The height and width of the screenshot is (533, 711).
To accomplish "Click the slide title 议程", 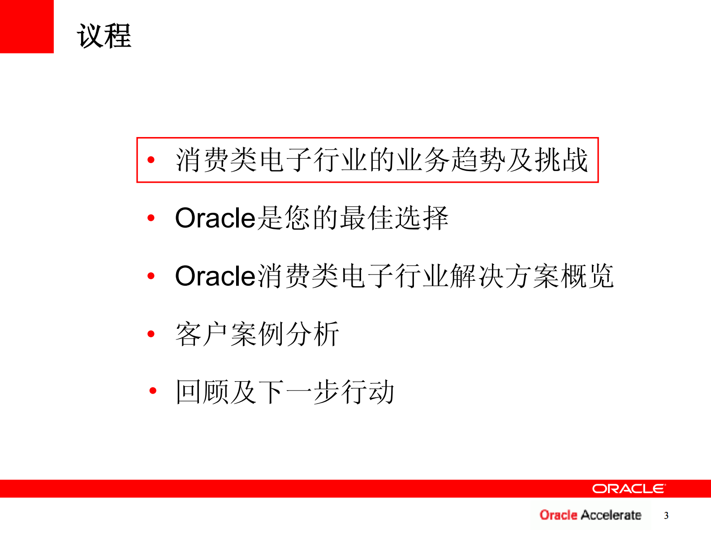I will click(104, 36).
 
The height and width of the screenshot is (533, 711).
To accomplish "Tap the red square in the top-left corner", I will click(26, 26).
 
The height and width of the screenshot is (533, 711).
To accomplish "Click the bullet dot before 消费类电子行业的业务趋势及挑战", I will click(151, 159).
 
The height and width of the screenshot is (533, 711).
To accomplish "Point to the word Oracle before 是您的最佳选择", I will click(215, 218).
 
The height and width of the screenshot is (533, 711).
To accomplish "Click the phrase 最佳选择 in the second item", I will click(394, 218).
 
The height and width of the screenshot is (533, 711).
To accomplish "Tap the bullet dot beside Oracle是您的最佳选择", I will click(151, 218).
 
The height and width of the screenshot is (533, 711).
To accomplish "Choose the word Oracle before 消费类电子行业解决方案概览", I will click(215, 276).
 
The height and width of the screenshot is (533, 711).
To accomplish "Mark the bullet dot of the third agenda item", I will click(151, 276).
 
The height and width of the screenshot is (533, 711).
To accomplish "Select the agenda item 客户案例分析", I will click(257, 334).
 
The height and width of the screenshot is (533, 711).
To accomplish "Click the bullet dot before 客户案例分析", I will click(151, 334).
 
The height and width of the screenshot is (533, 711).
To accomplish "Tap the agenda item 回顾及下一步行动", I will click(285, 392).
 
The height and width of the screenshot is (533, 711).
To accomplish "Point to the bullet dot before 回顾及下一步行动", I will click(153, 391).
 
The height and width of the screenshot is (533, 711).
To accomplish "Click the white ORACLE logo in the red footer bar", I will click(629, 489).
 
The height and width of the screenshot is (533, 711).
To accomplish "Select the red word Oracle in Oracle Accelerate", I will click(558, 515).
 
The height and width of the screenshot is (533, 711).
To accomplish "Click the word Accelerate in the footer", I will click(611, 515).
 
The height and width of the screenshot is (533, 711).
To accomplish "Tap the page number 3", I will click(666, 516).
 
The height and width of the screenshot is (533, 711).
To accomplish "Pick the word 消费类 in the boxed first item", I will click(216, 160).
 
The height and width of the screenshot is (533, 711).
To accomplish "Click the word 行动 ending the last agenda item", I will click(367, 392).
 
